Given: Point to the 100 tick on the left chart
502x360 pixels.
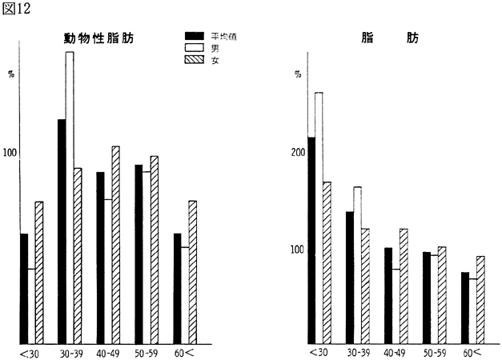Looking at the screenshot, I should [x=11, y=153].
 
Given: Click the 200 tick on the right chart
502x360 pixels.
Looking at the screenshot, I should [x=297, y=153].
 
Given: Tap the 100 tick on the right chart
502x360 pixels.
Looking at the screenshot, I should [x=297, y=250].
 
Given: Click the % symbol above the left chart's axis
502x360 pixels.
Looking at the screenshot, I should [x=11, y=74].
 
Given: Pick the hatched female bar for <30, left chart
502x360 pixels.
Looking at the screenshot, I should [x=38, y=272].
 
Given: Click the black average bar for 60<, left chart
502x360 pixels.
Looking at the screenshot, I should [x=178, y=288].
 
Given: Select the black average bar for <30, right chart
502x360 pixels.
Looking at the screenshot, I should [x=311, y=240].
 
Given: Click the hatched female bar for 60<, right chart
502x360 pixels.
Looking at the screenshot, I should [x=480, y=299].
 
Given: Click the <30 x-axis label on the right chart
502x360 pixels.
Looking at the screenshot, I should [x=318, y=353].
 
